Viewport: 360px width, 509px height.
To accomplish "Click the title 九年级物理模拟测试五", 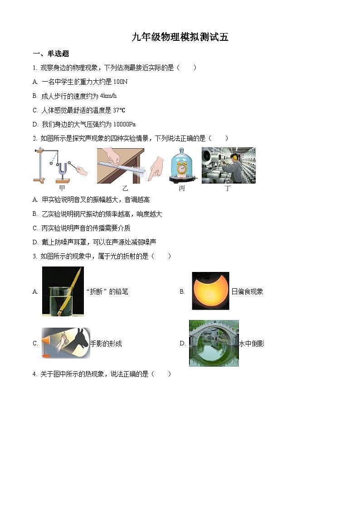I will point(180,38).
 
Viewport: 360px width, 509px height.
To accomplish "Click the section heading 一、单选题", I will point(51,54).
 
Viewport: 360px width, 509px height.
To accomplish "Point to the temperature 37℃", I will point(119,110).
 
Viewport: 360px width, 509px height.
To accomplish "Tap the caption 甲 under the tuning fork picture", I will point(62,188).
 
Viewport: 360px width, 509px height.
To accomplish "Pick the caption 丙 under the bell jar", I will point(182,188).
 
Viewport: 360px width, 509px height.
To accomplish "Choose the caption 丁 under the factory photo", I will point(228,188).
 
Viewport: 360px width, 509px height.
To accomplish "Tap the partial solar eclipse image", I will point(210,291).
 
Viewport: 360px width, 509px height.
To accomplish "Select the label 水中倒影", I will point(252,344).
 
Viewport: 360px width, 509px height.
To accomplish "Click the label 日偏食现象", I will point(247,291).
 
